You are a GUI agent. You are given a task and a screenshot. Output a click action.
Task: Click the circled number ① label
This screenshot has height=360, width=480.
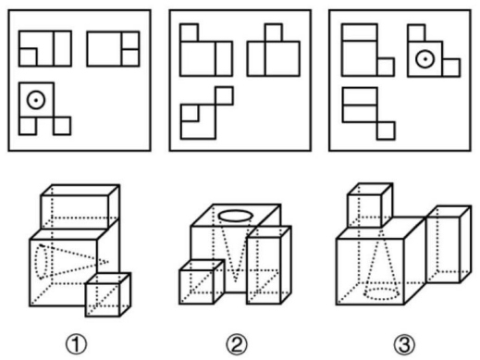pyautogui.click(x=76, y=344)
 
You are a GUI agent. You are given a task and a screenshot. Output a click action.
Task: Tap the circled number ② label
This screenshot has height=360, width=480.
pyautogui.click(x=237, y=344)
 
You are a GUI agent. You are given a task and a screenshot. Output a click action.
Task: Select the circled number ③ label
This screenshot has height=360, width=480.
pyautogui.click(x=404, y=344)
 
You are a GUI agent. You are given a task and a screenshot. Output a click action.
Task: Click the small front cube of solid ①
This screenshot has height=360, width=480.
pyautogui.click(x=108, y=294)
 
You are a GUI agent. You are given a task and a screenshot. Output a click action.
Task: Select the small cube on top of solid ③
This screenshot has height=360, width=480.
pyautogui.click(x=370, y=205)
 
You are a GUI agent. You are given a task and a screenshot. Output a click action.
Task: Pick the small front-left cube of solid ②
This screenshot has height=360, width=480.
pyautogui.click(x=202, y=282)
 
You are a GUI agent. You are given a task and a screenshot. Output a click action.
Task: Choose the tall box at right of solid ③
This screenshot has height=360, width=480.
pyautogui.click(x=449, y=244)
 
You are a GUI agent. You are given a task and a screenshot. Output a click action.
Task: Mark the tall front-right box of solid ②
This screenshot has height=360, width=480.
pyautogui.click(x=269, y=265)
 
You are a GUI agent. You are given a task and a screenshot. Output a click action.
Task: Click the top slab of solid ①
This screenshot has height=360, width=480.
pyautogui.click(x=80, y=206)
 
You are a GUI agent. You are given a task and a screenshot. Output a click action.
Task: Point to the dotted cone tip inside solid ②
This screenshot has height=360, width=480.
pyautogui.click(x=236, y=280)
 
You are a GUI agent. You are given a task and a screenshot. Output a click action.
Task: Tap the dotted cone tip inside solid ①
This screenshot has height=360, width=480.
pyautogui.click(x=108, y=262)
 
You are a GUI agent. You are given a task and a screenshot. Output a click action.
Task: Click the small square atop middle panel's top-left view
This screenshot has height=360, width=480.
pyautogui.click(x=189, y=32)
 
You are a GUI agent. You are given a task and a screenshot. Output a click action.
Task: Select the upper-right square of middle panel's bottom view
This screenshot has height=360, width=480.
pyautogui.click(x=224, y=96)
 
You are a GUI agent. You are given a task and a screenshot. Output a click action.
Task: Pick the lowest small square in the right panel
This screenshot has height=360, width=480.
pyautogui.click(x=386, y=130)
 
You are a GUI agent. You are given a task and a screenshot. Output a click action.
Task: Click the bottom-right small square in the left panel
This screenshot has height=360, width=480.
pyautogui.click(x=62, y=126)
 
